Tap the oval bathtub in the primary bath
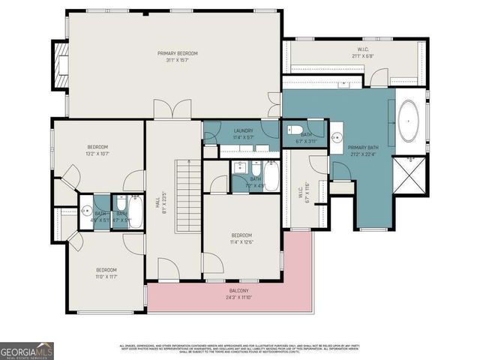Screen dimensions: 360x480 (409, 122)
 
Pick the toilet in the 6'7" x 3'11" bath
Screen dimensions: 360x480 (295, 130)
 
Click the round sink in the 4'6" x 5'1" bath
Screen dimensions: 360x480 (86, 210)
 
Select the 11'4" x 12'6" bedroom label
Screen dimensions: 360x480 (243, 238)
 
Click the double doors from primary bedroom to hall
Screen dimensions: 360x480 (167, 110)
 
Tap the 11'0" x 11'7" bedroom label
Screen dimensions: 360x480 (106, 273)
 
